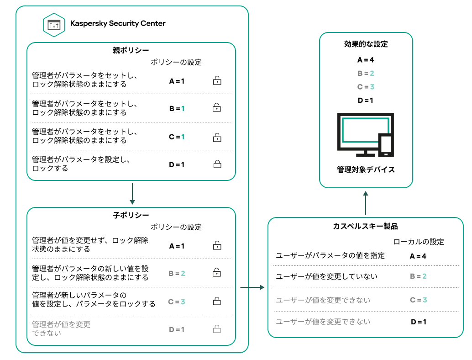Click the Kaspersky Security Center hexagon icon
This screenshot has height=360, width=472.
click(54, 25)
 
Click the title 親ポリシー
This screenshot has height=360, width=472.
click(131, 50)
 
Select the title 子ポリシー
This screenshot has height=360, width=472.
click(131, 215)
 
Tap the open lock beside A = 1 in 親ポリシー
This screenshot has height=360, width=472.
click(217, 81)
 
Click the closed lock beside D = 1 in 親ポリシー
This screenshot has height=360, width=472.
click(217, 164)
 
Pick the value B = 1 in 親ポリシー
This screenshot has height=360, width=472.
click(177, 109)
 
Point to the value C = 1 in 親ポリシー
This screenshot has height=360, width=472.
click(177, 137)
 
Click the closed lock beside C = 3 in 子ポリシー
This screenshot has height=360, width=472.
click(217, 302)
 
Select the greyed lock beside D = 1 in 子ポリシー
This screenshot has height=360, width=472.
click(217, 329)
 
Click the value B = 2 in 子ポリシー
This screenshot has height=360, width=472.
click(177, 274)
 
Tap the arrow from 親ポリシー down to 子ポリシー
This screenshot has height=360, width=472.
click(132, 194)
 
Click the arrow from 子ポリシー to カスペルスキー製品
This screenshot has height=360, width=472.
click(252, 287)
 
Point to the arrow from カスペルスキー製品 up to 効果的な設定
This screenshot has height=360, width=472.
click(366, 203)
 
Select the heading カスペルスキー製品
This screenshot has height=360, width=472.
click(366, 227)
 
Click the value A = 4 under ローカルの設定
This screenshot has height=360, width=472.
click(418, 256)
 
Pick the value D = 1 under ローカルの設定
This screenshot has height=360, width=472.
click(418, 322)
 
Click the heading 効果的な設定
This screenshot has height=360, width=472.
click(366, 44)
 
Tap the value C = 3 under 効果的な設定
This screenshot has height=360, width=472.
click(366, 87)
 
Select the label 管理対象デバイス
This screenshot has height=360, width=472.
click(366, 170)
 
